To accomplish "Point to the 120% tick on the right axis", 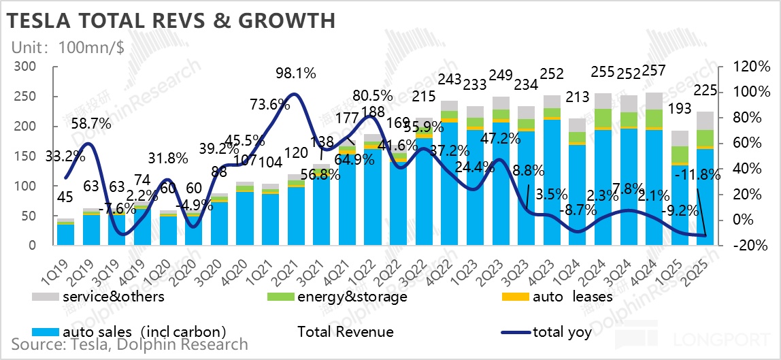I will coord(751,67).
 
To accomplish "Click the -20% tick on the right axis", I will coord(751,246).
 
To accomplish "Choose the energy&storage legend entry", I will coord(339,296).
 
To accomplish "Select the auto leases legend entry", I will coord(561,296).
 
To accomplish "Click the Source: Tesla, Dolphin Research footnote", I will coord(130,345).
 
